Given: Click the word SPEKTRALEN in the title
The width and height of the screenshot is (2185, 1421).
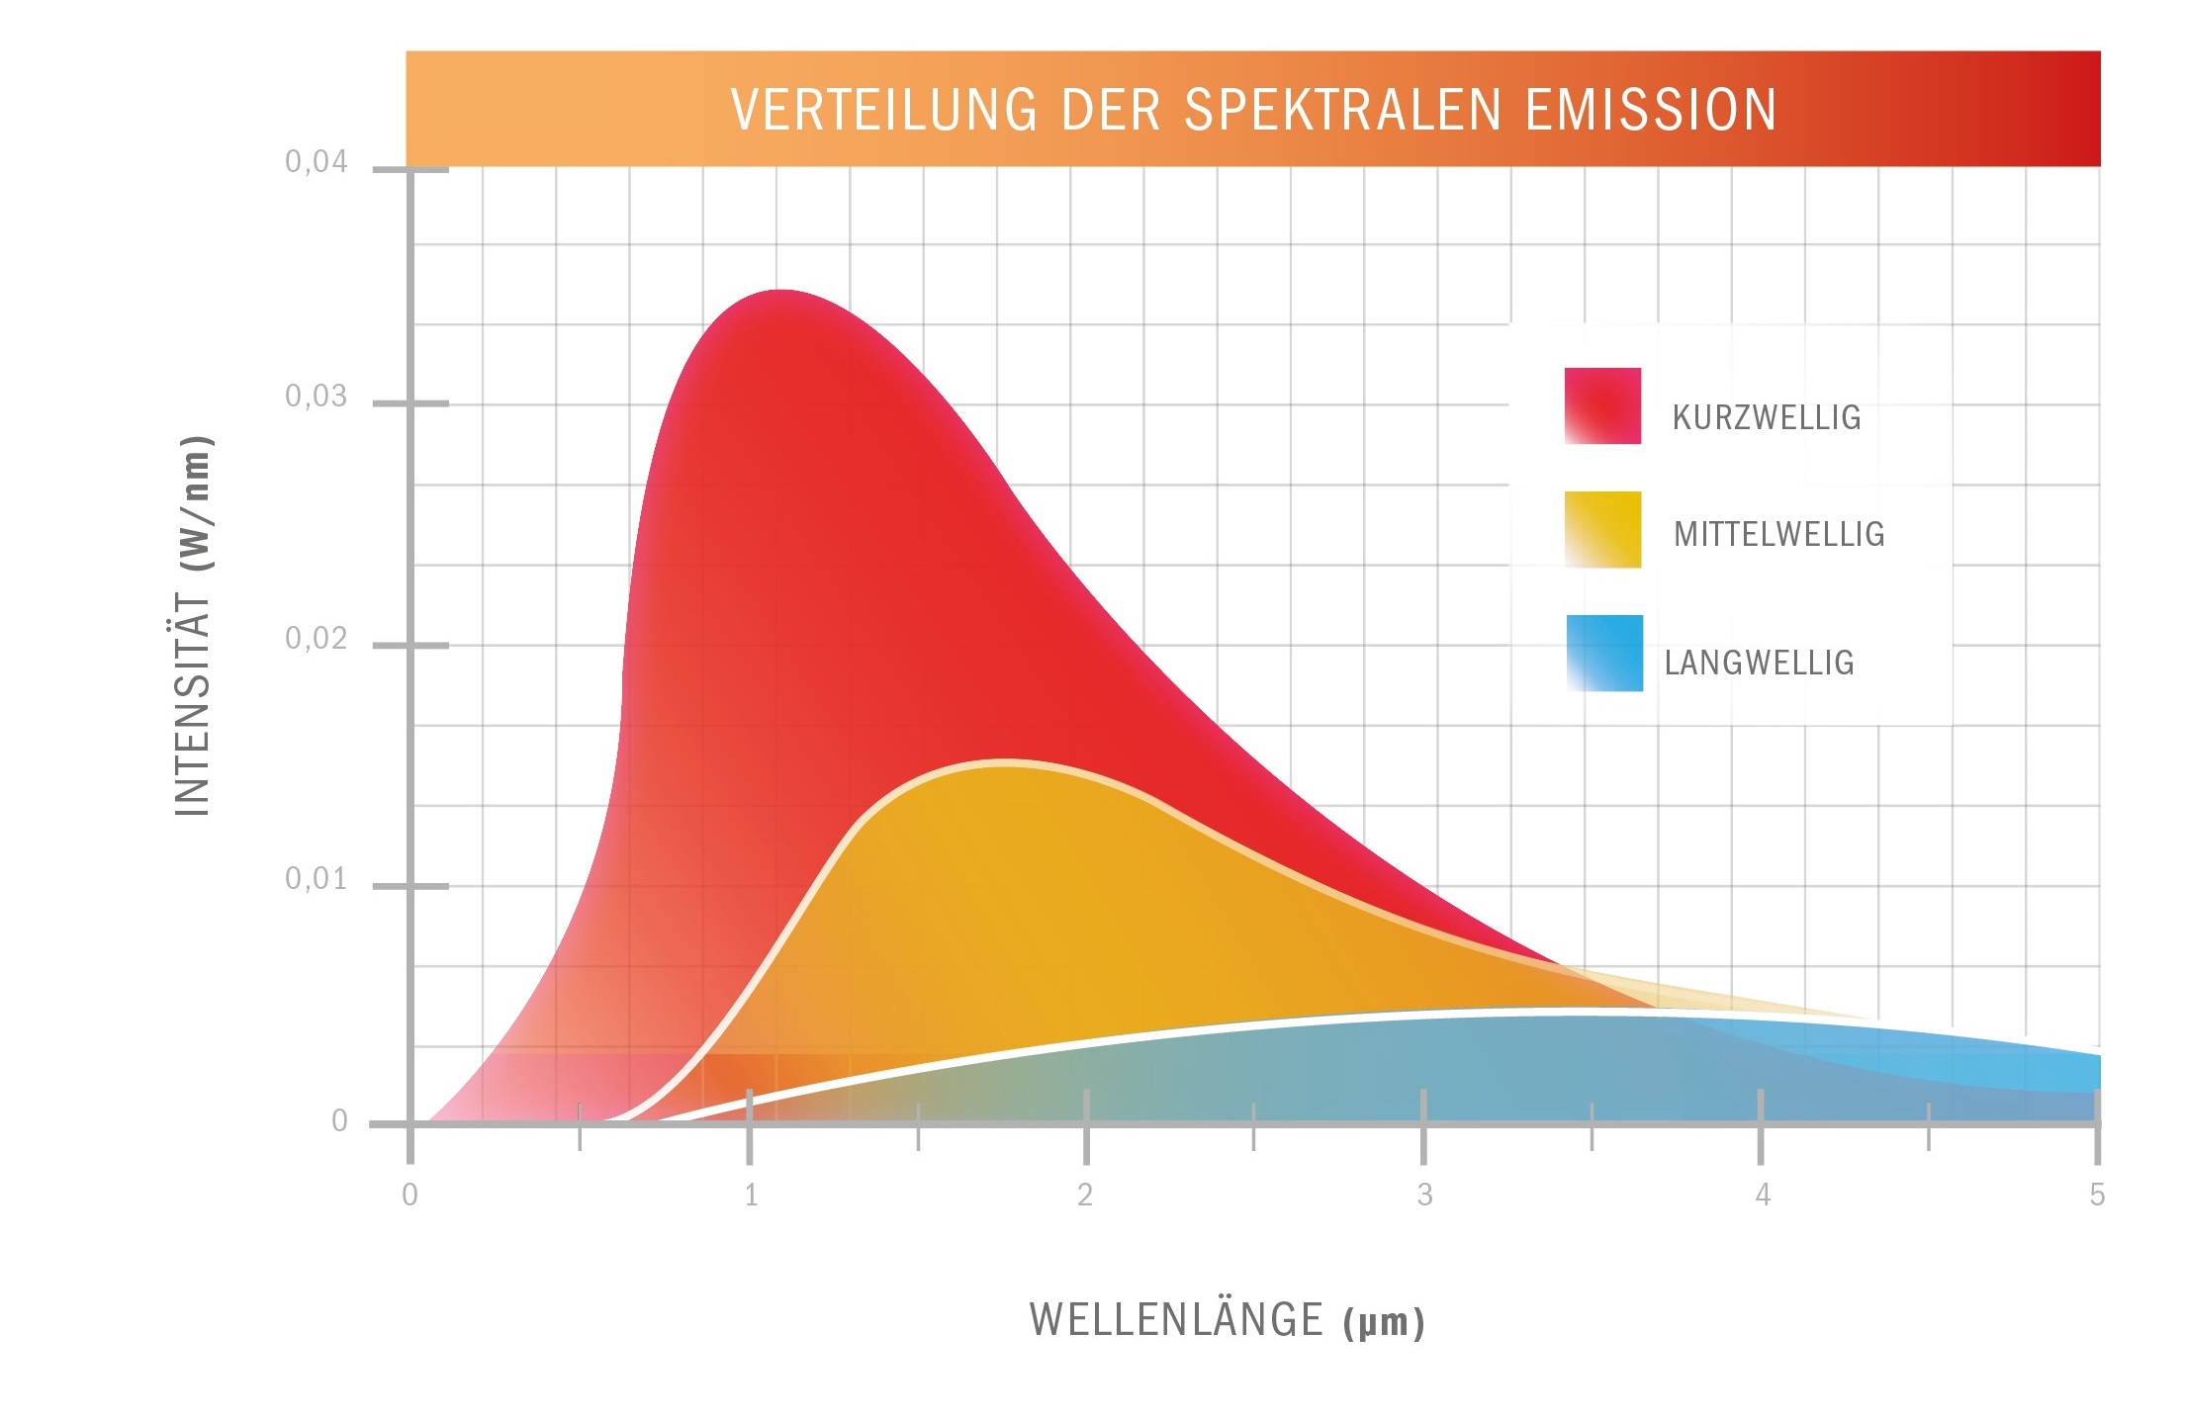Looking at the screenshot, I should [1342, 110].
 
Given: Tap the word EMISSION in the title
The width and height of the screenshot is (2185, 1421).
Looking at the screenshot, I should [1650, 110].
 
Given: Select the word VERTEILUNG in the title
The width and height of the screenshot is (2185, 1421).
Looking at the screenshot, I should [883, 110].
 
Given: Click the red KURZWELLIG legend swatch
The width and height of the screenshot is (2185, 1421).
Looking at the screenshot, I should [1602, 406].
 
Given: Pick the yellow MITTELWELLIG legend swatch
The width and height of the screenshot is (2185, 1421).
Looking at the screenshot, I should [1602, 530].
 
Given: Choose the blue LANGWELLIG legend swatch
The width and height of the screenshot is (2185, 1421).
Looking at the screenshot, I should [1604, 654].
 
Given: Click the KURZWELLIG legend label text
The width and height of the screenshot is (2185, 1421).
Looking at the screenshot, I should [1767, 418].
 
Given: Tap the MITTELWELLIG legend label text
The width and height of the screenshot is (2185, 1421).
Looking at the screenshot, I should [1778, 535].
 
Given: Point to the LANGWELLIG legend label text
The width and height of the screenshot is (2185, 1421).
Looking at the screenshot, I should [1759, 663].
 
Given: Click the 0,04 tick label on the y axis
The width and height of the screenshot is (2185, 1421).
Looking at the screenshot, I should [317, 162].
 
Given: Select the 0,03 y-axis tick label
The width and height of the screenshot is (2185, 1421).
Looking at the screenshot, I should [317, 397].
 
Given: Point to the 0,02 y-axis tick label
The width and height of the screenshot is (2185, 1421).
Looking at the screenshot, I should [317, 639].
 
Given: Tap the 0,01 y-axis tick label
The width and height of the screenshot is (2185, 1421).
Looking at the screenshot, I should [317, 879].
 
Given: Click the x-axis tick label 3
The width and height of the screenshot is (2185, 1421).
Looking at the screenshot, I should [1424, 1196].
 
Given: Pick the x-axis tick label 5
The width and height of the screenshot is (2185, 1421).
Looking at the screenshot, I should [2097, 1196].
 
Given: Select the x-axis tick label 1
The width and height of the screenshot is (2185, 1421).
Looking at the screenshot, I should [752, 1196].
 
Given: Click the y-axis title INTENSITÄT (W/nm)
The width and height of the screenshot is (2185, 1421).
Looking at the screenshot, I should [194, 626].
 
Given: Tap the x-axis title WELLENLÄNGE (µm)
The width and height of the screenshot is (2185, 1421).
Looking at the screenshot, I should [1227, 1321].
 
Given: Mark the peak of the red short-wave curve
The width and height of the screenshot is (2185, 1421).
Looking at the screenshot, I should [781, 291].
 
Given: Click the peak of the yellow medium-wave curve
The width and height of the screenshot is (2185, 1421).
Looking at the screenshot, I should [1004, 762].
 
